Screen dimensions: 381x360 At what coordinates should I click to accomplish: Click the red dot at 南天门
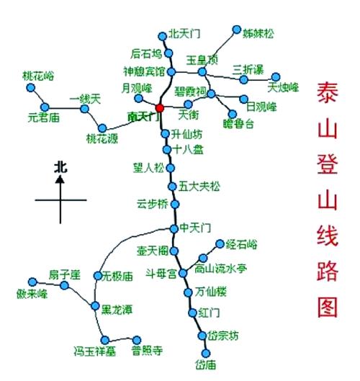[x=160, y=108]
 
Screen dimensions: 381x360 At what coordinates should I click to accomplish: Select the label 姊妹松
[x=258, y=32]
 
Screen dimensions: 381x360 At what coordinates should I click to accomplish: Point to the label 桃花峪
[x=37, y=74]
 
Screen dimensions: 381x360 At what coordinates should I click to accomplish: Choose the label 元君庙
[x=42, y=115]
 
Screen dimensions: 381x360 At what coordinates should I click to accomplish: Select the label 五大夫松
[x=199, y=186]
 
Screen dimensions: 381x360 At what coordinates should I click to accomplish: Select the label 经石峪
[x=241, y=243]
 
